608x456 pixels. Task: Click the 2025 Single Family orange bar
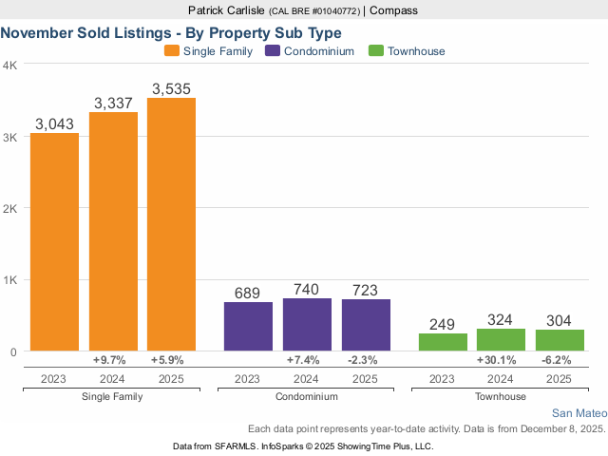pyautogui.click(x=171, y=225)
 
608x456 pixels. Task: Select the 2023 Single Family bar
pyautogui.click(x=54, y=242)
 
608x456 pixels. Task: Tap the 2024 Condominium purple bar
pyautogui.click(x=307, y=325)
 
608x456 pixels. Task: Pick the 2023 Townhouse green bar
pyautogui.click(x=444, y=342)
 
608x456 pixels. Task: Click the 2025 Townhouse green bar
pyautogui.click(x=560, y=340)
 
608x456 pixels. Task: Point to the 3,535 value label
pyautogui.click(x=171, y=89)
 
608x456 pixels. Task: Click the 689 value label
pyautogui.click(x=248, y=294)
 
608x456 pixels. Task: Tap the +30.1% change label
pyautogui.click(x=502, y=361)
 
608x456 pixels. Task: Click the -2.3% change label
pyautogui.click(x=366, y=361)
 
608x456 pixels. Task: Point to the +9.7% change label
pyautogui.click(x=112, y=361)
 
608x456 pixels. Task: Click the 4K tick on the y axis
pyautogui.click(x=9, y=66)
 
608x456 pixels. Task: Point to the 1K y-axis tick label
pyautogui.click(x=9, y=280)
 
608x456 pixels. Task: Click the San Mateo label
pyautogui.click(x=579, y=413)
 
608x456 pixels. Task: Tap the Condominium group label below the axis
pyautogui.click(x=307, y=396)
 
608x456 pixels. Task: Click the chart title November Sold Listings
pyautogui.click(x=171, y=31)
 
